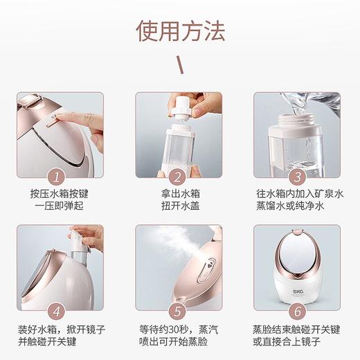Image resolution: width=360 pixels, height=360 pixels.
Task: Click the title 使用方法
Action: coord(179,30)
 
